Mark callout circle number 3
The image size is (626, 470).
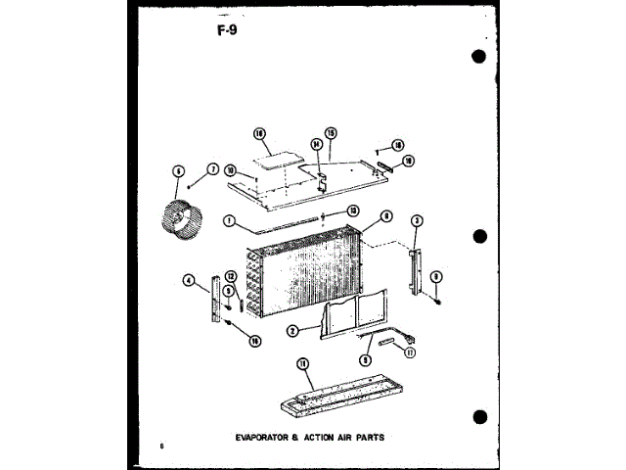416,220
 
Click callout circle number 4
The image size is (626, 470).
187,280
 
